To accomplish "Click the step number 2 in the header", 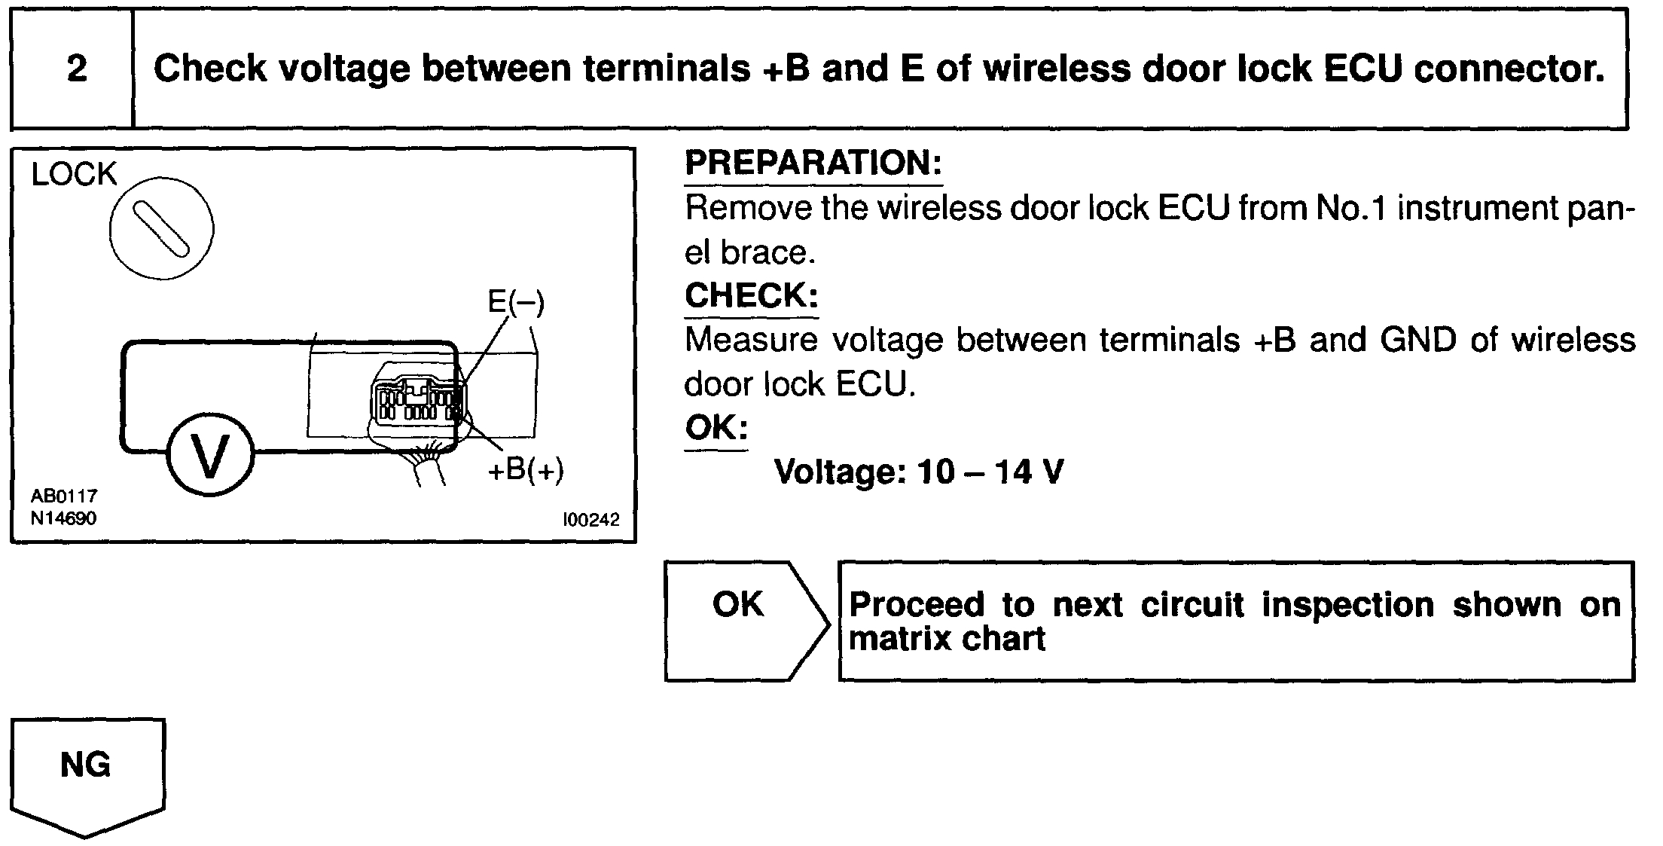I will click(77, 69).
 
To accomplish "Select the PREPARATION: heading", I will click(813, 163).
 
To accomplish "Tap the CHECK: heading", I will click(751, 295).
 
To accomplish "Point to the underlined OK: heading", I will click(716, 429).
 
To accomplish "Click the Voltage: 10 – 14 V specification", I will click(919, 472).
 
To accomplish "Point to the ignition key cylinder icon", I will click(161, 228).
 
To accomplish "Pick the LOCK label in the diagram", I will click(74, 175).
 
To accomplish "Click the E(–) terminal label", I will click(516, 302).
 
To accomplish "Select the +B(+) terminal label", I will click(526, 470).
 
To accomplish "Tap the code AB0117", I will click(64, 496).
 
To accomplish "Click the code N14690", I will click(64, 518).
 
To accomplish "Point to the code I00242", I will click(590, 520).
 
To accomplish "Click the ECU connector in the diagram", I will click(417, 402).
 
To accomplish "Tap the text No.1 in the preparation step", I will click(1352, 208).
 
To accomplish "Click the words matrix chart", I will click(947, 640).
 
